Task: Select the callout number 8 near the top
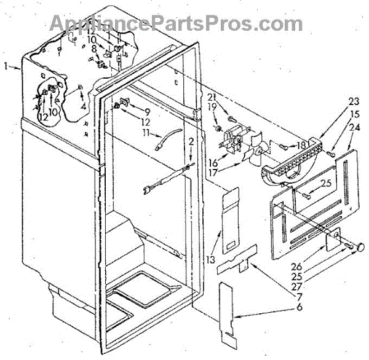click(x=93, y=49)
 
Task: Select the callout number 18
click(x=301, y=146)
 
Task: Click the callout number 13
click(x=211, y=260)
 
